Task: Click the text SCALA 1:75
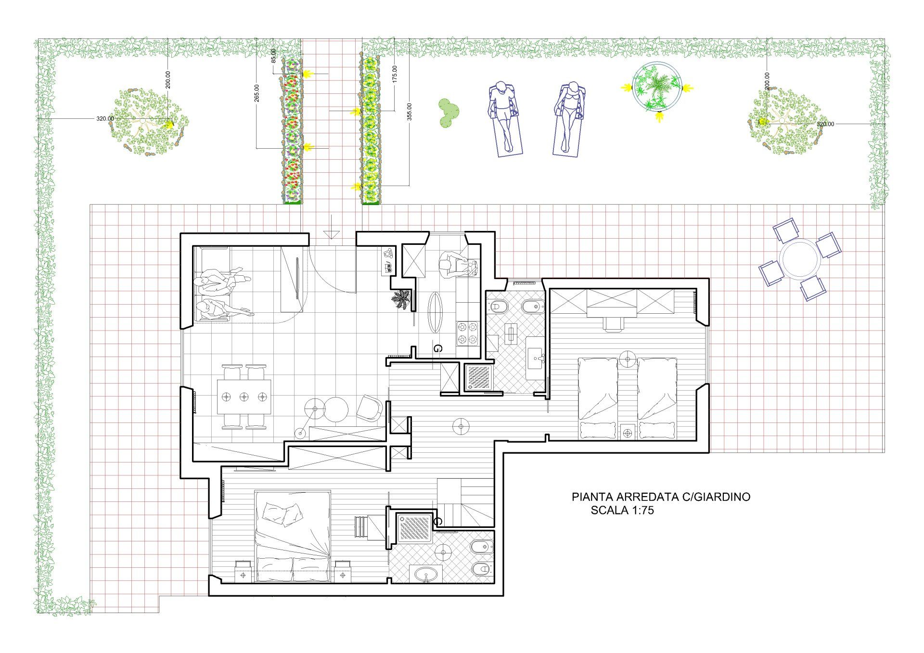point(622,511)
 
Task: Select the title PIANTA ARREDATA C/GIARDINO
point(661,497)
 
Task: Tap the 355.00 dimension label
point(410,112)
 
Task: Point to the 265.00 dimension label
point(257,93)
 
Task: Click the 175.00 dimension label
point(395,74)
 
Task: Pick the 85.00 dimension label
point(274,56)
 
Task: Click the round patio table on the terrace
point(800,259)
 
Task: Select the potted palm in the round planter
point(656,87)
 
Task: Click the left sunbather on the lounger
point(504,118)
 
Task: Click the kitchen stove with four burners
point(468,333)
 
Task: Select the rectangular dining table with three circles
point(244,397)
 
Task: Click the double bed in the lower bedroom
point(293,536)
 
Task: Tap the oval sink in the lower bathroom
point(426,574)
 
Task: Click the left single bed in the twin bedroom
point(597,398)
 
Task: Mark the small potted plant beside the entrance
point(401,300)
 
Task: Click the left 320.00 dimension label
point(105,118)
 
